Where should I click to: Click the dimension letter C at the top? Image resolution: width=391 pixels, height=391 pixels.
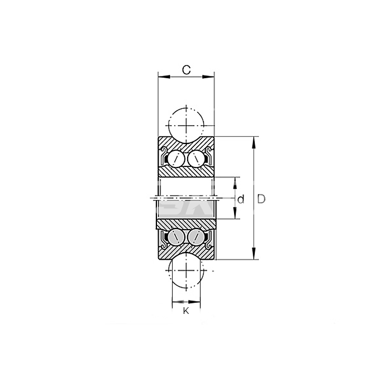[x=186, y=70]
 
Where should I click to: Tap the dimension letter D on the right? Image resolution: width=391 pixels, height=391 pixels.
[x=261, y=199]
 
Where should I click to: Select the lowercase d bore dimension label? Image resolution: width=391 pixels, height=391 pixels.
[x=241, y=199]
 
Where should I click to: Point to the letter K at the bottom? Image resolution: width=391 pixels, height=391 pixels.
[x=186, y=311]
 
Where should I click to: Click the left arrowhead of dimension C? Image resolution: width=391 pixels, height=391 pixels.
[x=164, y=77]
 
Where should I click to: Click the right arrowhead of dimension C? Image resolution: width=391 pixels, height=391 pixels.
[x=208, y=77]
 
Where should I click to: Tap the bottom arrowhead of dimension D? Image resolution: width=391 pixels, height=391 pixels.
[x=254, y=254]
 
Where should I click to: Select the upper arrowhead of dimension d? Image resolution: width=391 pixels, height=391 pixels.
[x=235, y=183]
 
